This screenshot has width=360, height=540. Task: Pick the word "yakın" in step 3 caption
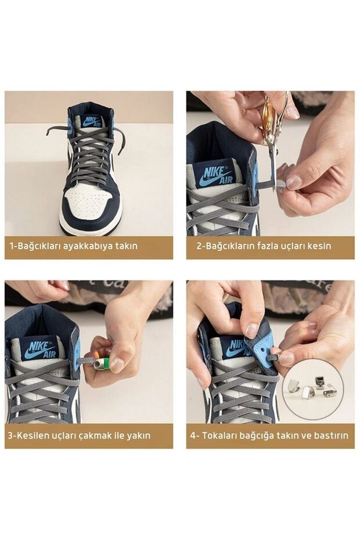(139, 435)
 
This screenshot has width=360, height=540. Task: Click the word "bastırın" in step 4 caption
(331, 435)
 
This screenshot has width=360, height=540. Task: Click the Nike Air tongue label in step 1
(92, 121)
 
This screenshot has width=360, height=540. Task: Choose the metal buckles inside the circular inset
(311, 388)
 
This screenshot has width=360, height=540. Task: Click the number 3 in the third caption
(10, 435)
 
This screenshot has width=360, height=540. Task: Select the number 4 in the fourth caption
(193, 435)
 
